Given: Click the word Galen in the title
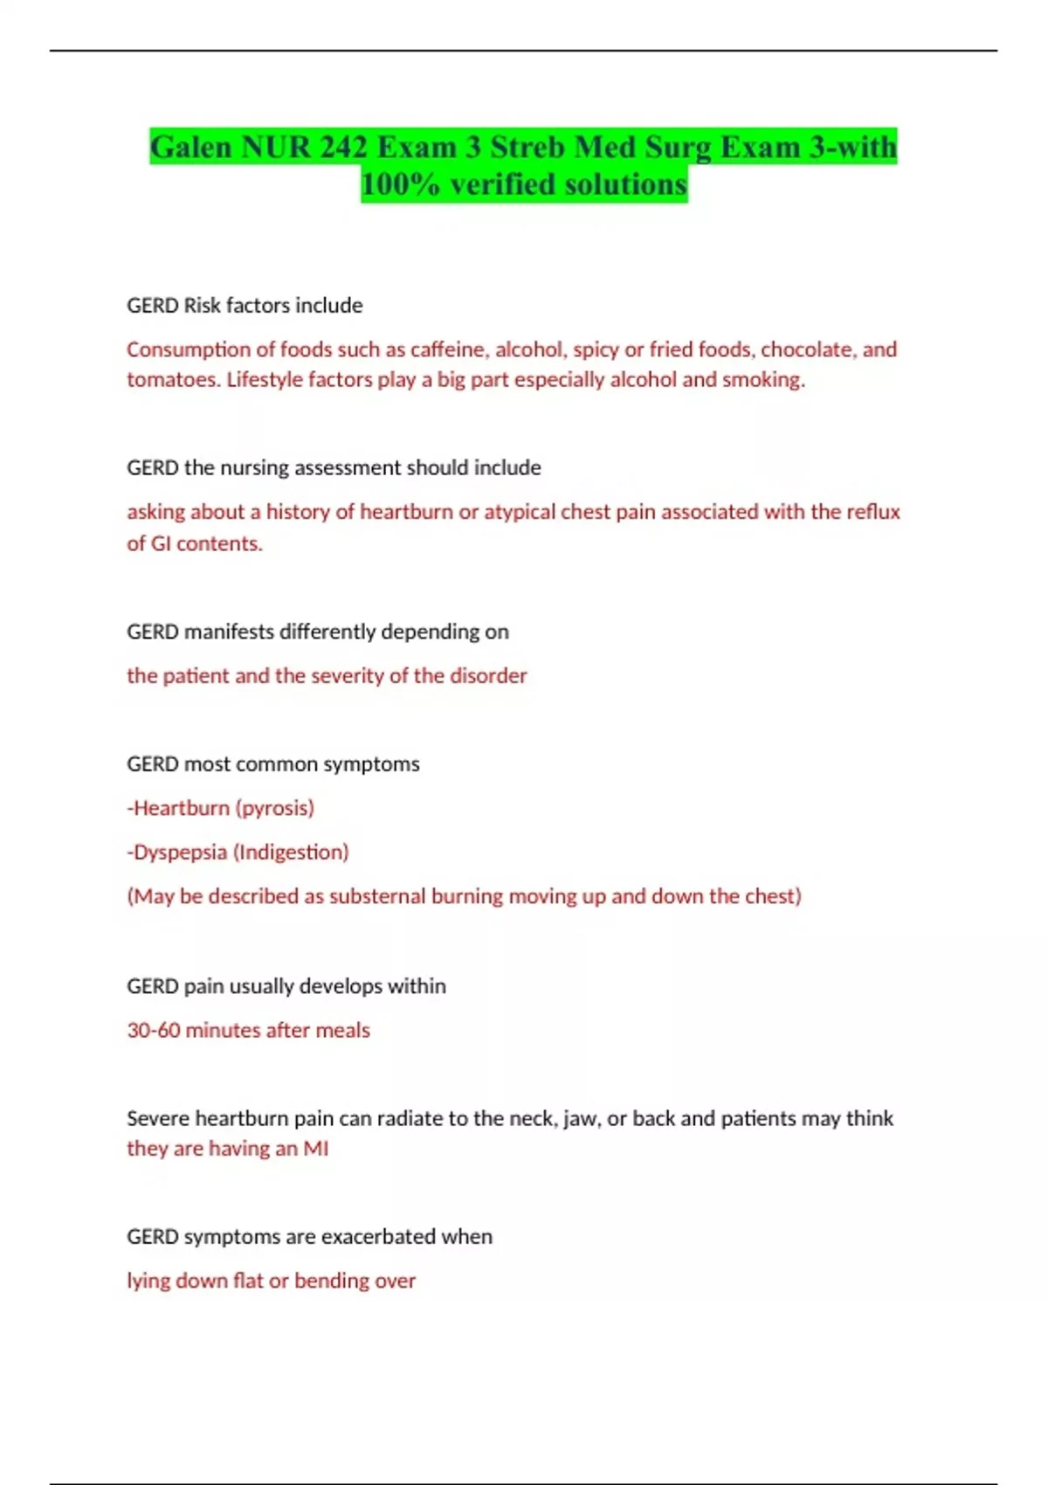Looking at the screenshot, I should point(191,148).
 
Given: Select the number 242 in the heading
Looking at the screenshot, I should point(343,148).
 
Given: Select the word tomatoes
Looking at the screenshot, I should point(171,380).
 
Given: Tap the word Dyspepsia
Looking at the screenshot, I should point(180,852).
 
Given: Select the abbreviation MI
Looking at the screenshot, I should point(315,1149).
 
